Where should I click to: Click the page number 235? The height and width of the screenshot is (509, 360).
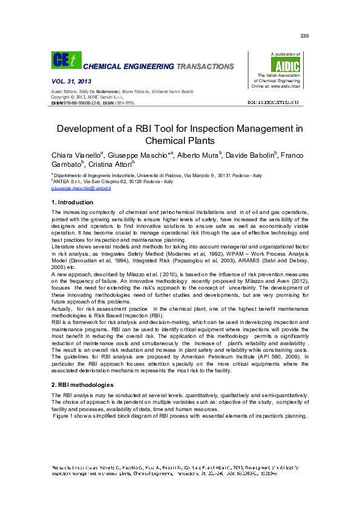[x=304, y=36]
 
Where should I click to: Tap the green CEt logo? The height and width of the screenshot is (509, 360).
[x=65, y=60]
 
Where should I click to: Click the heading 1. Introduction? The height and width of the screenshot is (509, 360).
[x=73, y=202]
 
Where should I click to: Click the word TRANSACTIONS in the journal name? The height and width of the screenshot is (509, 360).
[x=205, y=66]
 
